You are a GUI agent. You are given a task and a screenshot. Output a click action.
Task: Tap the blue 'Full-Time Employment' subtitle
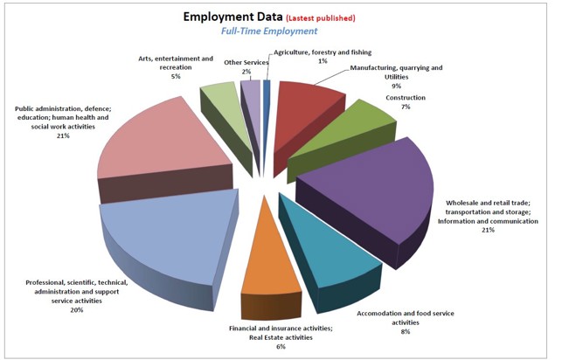coord(268,31)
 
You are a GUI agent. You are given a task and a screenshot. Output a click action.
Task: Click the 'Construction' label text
coord(406,98)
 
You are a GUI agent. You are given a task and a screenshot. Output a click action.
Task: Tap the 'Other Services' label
coord(246,62)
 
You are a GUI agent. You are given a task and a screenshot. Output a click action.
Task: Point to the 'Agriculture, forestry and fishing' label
coord(323,52)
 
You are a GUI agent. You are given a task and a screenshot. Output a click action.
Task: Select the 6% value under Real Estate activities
coord(281,347)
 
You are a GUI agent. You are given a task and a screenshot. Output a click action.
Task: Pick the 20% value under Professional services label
coord(76,310)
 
